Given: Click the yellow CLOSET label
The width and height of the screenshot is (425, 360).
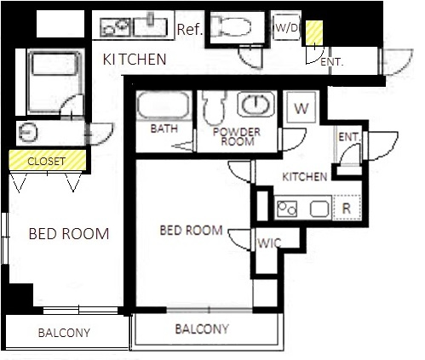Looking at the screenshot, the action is pyautogui.click(x=46, y=162).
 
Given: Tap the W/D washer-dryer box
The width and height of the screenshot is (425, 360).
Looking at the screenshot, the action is pyautogui.click(x=286, y=27).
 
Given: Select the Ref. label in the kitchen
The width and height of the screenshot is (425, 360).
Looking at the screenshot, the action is pyautogui.click(x=190, y=30).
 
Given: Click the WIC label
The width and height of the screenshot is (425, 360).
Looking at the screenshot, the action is pyautogui.click(x=269, y=243).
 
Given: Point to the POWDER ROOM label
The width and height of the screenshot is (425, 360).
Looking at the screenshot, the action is pyautogui.click(x=237, y=137).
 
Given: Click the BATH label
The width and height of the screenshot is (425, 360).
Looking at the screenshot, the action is pyautogui.click(x=164, y=129).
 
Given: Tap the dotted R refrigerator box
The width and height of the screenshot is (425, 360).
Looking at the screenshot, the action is pyautogui.click(x=347, y=208).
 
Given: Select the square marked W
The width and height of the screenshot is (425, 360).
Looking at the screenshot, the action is pyautogui.click(x=302, y=107).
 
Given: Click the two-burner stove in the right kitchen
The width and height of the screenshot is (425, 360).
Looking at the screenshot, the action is pyautogui.click(x=287, y=209).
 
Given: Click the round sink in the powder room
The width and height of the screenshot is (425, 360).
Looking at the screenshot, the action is pyautogui.click(x=256, y=104).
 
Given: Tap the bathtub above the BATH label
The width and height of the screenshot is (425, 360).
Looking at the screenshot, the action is pyautogui.click(x=164, y=106).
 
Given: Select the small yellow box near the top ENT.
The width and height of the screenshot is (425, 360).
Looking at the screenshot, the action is pyautogui.click(x=314, y=33).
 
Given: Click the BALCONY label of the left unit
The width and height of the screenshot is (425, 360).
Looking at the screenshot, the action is pyautogui.click(x=64, y=333).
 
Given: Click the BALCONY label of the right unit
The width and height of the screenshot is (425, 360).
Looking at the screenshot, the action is pyautogui.click(x=202, y=329).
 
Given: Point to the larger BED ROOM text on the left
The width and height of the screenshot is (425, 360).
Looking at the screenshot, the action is pyautogui.click(x=69, y=234).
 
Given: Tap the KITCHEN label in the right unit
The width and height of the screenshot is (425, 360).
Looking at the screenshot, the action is pyautogui.click(x=305, y=177).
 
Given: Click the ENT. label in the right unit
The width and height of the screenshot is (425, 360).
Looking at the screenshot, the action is pyautogui.click(x=349, y=137).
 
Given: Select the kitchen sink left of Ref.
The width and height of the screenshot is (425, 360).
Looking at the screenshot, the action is pyautogui.click(x=150, y=27).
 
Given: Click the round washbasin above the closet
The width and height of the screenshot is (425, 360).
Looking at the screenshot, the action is pyautogui.click(x=28, y=132).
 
